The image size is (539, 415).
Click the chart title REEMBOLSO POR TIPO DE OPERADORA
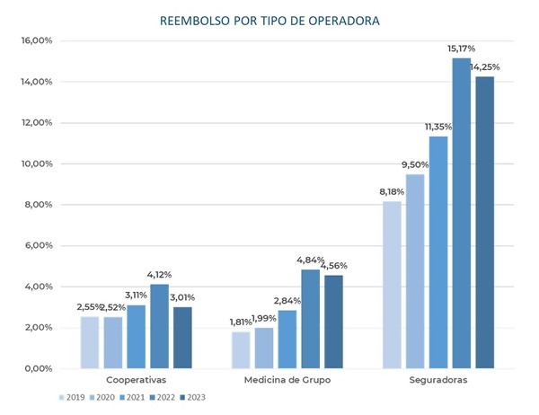click(269, 19)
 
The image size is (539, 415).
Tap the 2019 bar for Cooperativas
click(90, 342)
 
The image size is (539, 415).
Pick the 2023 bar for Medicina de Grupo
click(333, 322)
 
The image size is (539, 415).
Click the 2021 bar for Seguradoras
click(438, 252)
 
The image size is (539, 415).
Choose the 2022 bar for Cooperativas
click(159, 326)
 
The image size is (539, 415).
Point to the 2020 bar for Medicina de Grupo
click(264, 348)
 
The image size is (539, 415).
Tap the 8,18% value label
click(391, 191)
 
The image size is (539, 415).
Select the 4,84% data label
click(309, 260)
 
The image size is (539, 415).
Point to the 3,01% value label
click(182, 297)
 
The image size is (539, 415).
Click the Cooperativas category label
click(137, 380)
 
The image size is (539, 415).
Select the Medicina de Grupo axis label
click(287, 380)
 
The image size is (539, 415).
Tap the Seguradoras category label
click(438, 380)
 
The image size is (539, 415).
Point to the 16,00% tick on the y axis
click(37, 41)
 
